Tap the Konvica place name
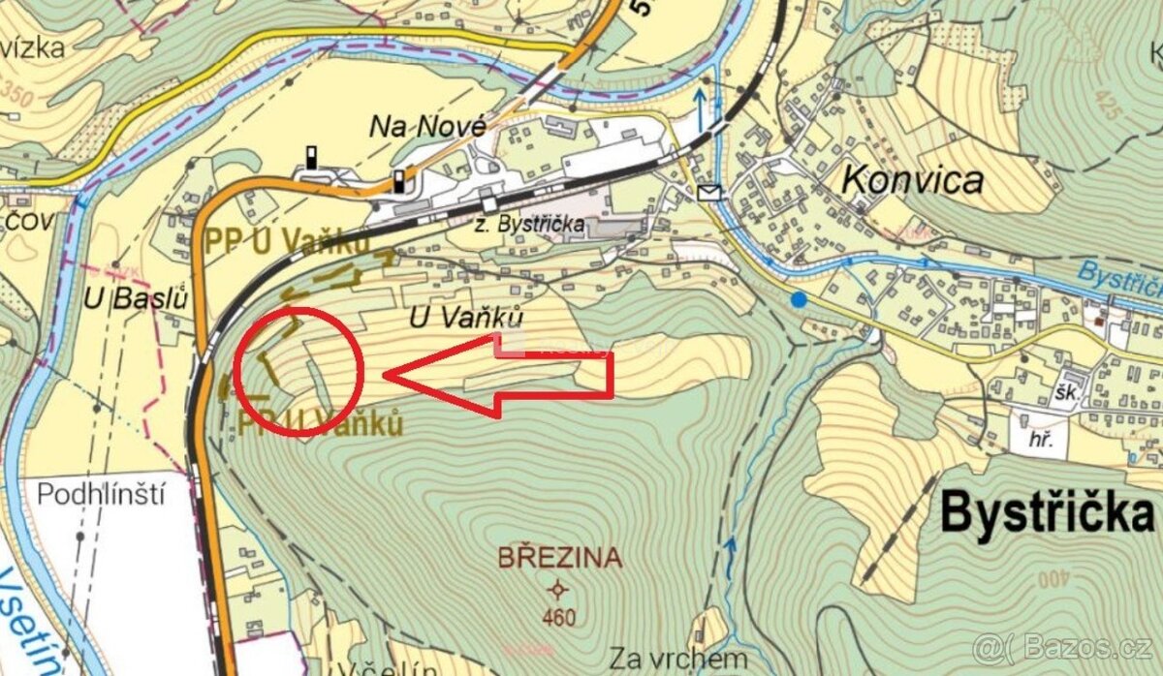click(x=912, y=179)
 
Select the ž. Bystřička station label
click(x=529, y=224)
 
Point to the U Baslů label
click(x=149, y=298)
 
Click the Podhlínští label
click(x=101, y=494)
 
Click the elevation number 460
click(x=559, y=617)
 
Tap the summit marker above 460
click(x=558, y=590)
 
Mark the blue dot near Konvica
click(x=798, y=300)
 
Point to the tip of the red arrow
click(x=386, y=374)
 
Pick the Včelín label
click(x=378, y=668)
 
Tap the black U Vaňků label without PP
click(x=467, y=317)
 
